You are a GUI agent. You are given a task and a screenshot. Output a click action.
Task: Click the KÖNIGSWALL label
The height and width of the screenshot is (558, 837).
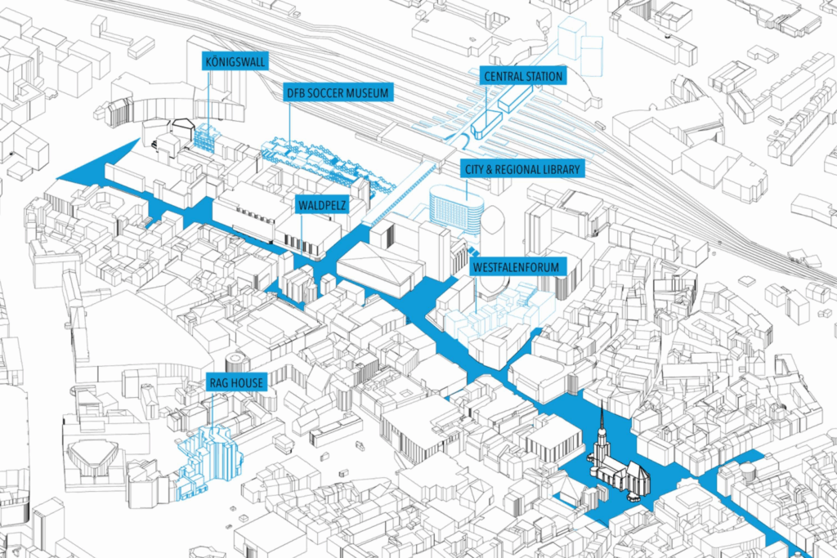tap(235, 61)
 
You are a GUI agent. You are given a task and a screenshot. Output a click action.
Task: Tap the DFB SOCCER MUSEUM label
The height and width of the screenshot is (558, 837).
tap(338, 93)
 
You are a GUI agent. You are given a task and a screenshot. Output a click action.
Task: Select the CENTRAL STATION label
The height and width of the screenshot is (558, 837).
tap(523, 76)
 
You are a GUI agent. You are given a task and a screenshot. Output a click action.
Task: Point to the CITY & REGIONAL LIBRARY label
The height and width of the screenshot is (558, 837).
tap(522, 170)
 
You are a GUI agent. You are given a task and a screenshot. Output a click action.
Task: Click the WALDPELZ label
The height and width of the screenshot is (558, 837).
tap(322, 205)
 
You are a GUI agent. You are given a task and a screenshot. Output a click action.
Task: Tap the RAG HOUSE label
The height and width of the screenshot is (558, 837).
tap(236, 382)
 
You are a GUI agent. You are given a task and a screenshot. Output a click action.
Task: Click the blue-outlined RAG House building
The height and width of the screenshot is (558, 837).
tap(208, 462)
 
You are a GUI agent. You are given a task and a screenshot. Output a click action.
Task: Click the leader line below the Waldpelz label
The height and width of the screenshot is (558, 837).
tap(302, 233)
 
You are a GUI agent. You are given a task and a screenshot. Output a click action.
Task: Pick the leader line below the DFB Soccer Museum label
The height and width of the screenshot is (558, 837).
tap(290, 123)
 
